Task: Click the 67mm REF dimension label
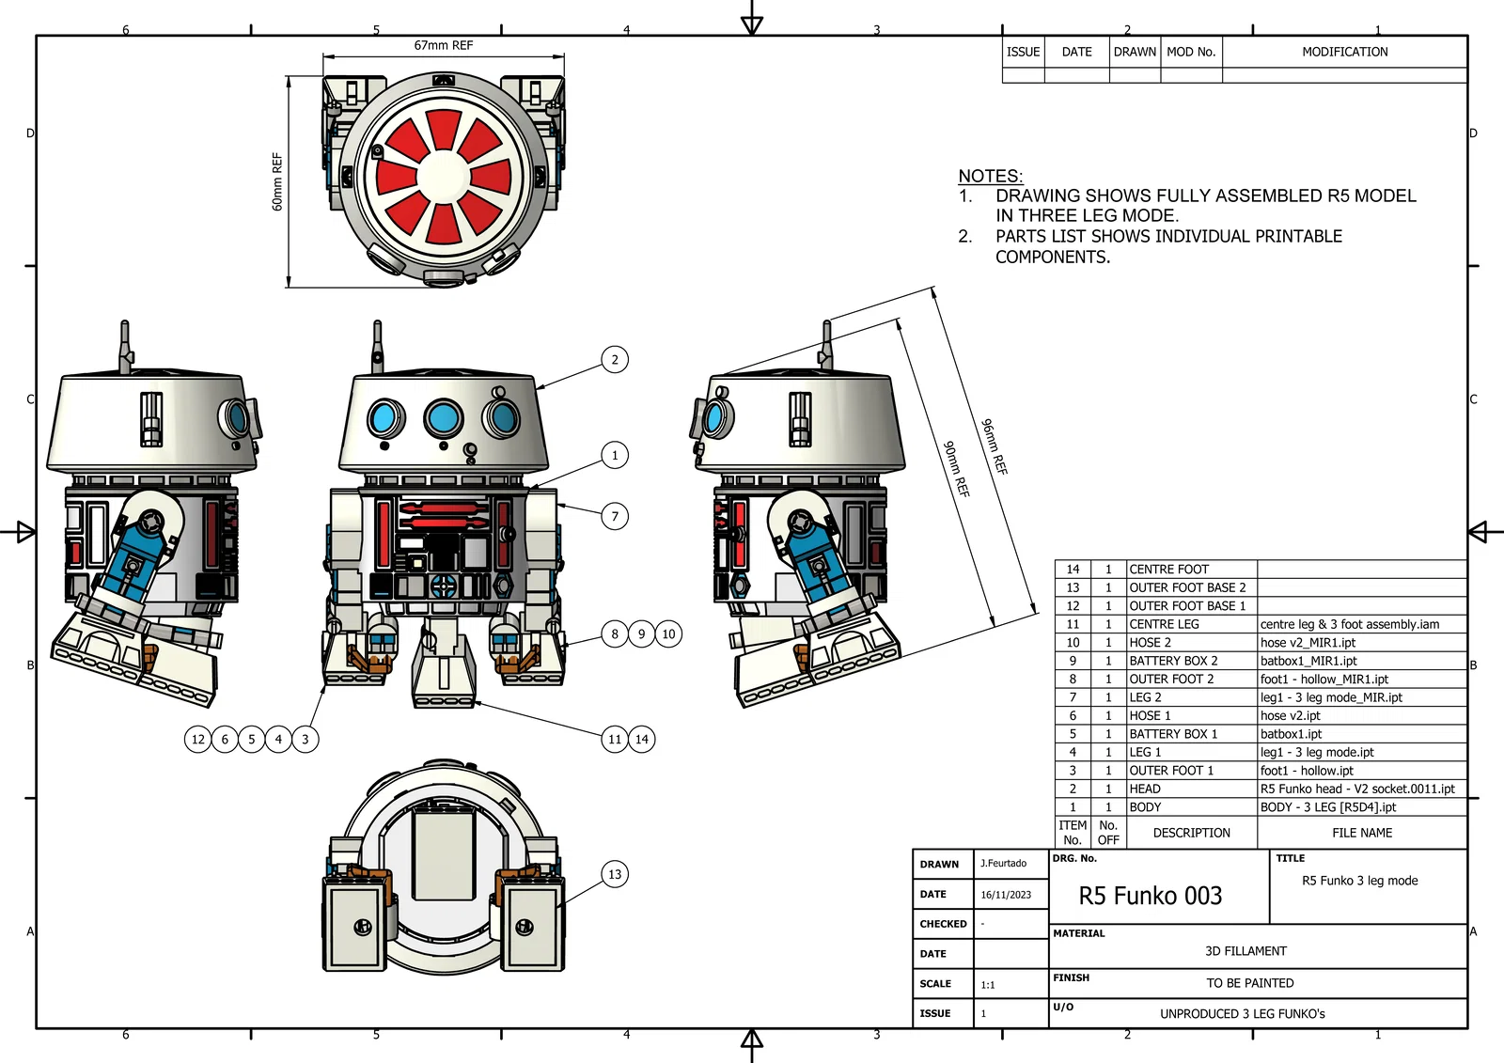pyautogui.click(x=444, y=45)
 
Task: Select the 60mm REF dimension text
pyautogui.click(x=277, y=181)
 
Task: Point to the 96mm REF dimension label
pyautogui.click(x=994, y=446)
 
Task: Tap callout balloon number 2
pyautogui.click(x=615, y=359)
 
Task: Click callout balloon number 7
pyautogui.click(x=615, y=516)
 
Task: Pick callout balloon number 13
pyautogui.click(x=615, y=874)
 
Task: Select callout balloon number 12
pyautogui.click(x=197, y=739)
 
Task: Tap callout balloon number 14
pyautogui.click(x=642, y=739)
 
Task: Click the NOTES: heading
pyautogui.click(x=990, y=176)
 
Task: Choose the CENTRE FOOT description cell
pyautogui.click(x=1168, y=569)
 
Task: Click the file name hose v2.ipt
pyautogui.click(x=1290, y=715)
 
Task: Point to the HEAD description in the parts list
pyautogui.click(x=1145, y=789)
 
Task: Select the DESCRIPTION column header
pyautogui.click(x=1191, y=833)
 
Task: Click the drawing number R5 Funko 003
pyautogui.click(x=1151, y=896)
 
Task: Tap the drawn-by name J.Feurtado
pyautogui.click(x=1003, y=863)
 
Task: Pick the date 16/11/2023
pyautogui.click(x=1006, y=895)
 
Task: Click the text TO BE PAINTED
pyautogui.click(x=1250, y=983)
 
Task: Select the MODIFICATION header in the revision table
pyautogui.click(x=1344, y=52)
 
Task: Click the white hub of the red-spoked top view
pyautogui.click(x=444, y=177)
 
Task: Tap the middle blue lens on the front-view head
pyautogui.click(x=443, y=417)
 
